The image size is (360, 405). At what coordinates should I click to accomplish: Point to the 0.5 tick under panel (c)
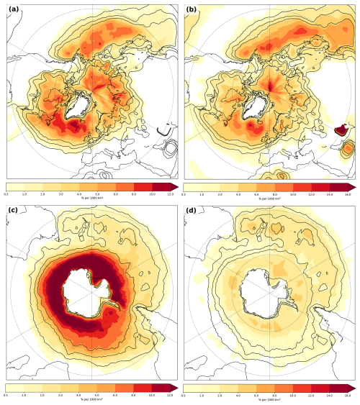coord(6,394)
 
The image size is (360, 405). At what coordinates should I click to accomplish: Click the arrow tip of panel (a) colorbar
coord(174,188)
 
